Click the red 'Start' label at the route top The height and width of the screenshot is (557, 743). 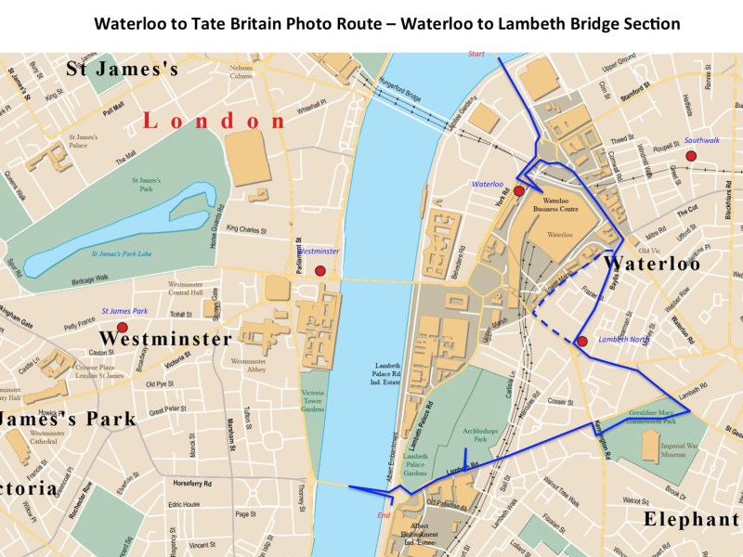click(x=477, y=54)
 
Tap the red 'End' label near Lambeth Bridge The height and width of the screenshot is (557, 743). click(x=383, y=515)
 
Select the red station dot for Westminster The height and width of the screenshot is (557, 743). click(x=320, y=271)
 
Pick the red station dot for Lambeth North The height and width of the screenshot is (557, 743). click(x=581, y=342)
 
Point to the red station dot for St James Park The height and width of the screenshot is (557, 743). click(x=122, y=327)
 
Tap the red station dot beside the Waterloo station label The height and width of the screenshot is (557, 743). click(x=519, y=191)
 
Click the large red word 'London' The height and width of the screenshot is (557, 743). click(x=215, y=122)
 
